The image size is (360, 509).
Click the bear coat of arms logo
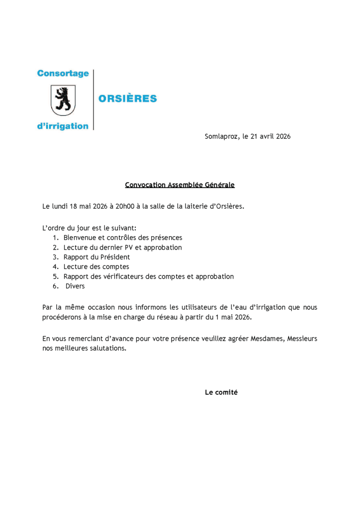tap(63, 99)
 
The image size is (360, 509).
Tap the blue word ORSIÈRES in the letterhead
tap(128, 98)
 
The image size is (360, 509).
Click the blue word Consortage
tap(63, 74)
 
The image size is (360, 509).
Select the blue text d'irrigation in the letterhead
tap(63, 126)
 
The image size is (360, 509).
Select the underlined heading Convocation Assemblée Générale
tap(180, 185)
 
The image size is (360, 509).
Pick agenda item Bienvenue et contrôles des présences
tap(123, 238)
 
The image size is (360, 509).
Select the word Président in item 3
tap(114, 257)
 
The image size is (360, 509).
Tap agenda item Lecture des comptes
tap(96, 267)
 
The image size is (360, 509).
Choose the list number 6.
tap(55, 286)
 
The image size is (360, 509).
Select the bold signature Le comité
tap(221, 392)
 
